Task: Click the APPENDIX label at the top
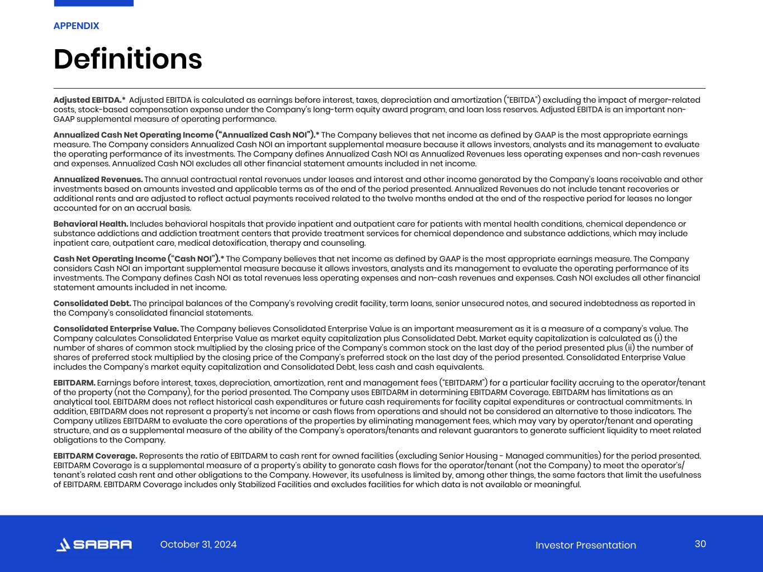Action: point(76,26)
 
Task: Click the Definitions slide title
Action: point(127,59)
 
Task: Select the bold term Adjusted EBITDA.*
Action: point(89,100)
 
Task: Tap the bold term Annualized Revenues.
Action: point(98,179)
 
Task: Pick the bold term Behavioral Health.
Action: point(91,224)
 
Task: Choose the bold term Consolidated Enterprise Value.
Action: point(116,328)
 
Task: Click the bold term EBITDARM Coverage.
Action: point(95,456)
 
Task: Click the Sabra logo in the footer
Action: point(94,545)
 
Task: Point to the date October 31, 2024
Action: point(198,545)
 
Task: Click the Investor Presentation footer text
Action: point(585,545)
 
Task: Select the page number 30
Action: point(700,544)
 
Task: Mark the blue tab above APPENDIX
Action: point(93,3)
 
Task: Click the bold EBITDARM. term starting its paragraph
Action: point(74,383)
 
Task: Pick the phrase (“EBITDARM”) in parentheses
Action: point(464,383)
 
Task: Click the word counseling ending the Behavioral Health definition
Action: point(344,243)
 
